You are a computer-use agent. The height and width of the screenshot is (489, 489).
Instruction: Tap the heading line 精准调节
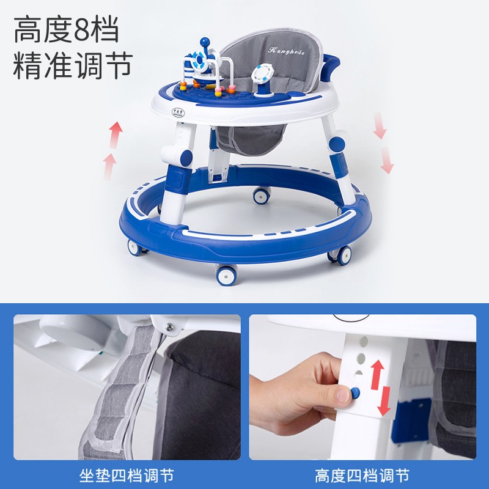pos(73,65)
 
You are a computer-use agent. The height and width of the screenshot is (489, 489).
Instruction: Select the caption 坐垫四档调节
pos(127,476)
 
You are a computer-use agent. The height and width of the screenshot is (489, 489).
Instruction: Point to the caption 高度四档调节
pos(362,476)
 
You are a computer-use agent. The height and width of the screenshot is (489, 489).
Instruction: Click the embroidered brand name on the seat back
pos(286,51)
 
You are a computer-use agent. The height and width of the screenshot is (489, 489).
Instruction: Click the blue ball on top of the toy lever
pos(205,41)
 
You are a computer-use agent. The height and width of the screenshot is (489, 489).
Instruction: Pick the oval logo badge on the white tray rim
pos(177,112)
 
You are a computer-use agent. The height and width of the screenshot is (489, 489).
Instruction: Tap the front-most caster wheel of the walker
pos(227,274)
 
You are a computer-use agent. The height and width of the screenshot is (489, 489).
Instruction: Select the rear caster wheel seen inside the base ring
pos(262,196)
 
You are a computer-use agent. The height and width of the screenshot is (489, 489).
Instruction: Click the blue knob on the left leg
pos(186,158)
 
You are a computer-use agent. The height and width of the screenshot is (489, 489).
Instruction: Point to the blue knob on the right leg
pos(337,144)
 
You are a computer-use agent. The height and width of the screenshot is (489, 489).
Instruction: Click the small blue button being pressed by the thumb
pos(355,392)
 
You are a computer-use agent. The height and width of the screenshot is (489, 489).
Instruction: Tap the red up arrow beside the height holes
pos(377,374)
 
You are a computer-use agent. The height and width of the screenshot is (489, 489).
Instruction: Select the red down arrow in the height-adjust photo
pos(385,401)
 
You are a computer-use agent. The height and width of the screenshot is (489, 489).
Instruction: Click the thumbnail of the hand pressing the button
pos(362,387)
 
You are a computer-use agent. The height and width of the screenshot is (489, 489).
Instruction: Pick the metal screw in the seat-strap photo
pos(169,326)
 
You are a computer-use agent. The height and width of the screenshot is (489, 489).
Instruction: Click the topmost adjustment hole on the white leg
pos(364,340)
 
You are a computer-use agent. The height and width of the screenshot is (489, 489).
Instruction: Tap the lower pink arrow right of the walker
pos(387,161)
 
